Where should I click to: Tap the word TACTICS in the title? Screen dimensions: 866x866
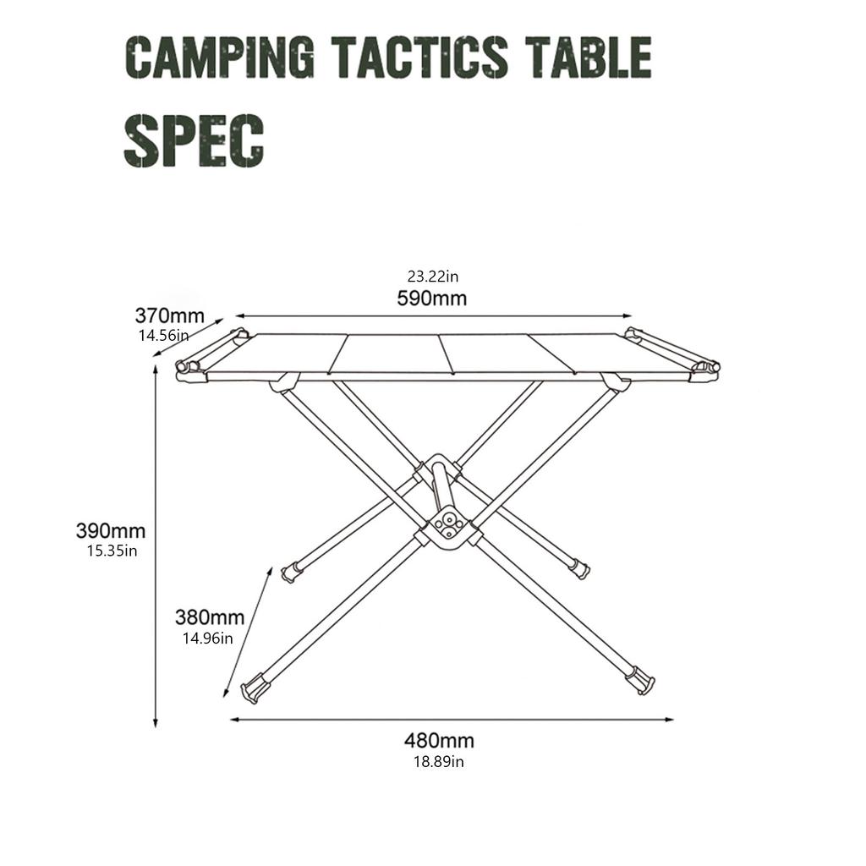[x=419, y=58]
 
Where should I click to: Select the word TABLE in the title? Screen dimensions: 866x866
[x=587, y=58]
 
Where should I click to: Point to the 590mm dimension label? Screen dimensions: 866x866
[x=431, y=299]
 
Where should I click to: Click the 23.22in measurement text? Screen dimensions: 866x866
[x=432, y=276]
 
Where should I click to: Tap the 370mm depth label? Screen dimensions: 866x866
[x=169, y=316]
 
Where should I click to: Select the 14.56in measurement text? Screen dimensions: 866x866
[x=163, y=335]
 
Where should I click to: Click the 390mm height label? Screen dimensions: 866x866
[x=111, y=531]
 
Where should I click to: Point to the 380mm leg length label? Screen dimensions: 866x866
[x=210, y=617]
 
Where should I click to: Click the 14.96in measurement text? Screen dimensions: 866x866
[x=208, y=638]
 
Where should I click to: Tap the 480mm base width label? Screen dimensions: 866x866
[x=439, y=741]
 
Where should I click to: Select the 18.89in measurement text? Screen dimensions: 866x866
[x=438, y=761]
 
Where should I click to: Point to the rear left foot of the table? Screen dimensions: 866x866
[x=291, y=573]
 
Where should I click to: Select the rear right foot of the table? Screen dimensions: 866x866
[x=579, y=567]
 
